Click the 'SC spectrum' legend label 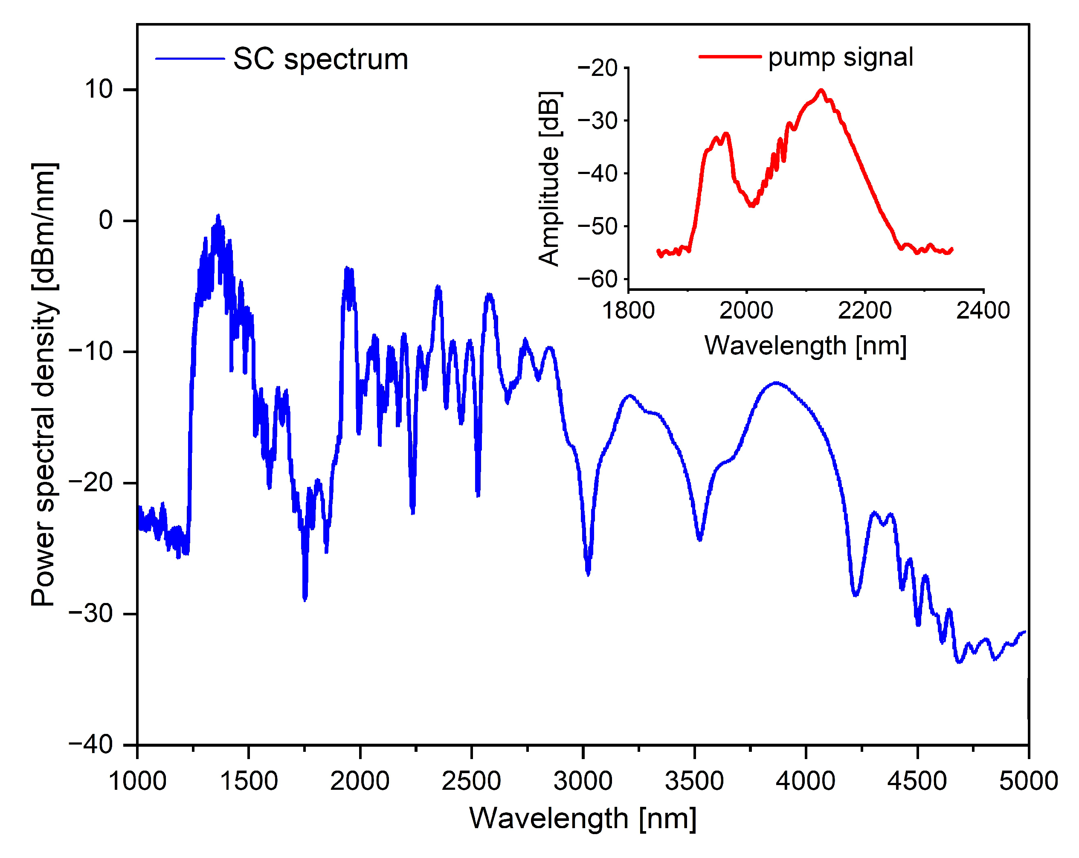[321, 60]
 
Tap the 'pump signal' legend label [840, 57]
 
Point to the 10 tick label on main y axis [99, 90]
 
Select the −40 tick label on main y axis [91, 745]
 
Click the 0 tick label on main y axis [106, 220]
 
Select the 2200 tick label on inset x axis [864, 311]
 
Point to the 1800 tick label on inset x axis [628, 311]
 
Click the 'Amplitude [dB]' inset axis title [549, 179]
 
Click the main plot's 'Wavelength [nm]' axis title [583, 819]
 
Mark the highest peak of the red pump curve [821, 90]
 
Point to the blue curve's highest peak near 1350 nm [218, 216]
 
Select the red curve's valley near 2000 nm [752, 205]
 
